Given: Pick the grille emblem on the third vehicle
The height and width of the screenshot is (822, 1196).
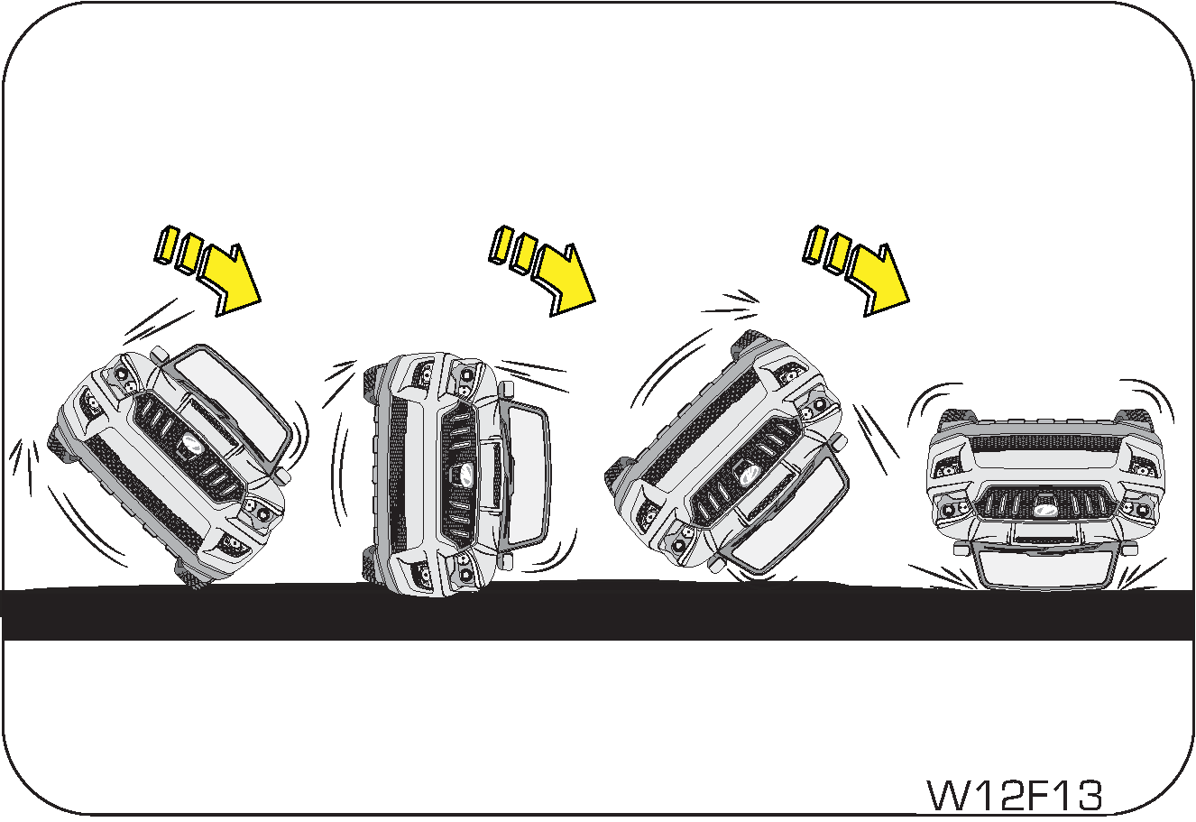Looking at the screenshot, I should (x=749, y=471).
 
